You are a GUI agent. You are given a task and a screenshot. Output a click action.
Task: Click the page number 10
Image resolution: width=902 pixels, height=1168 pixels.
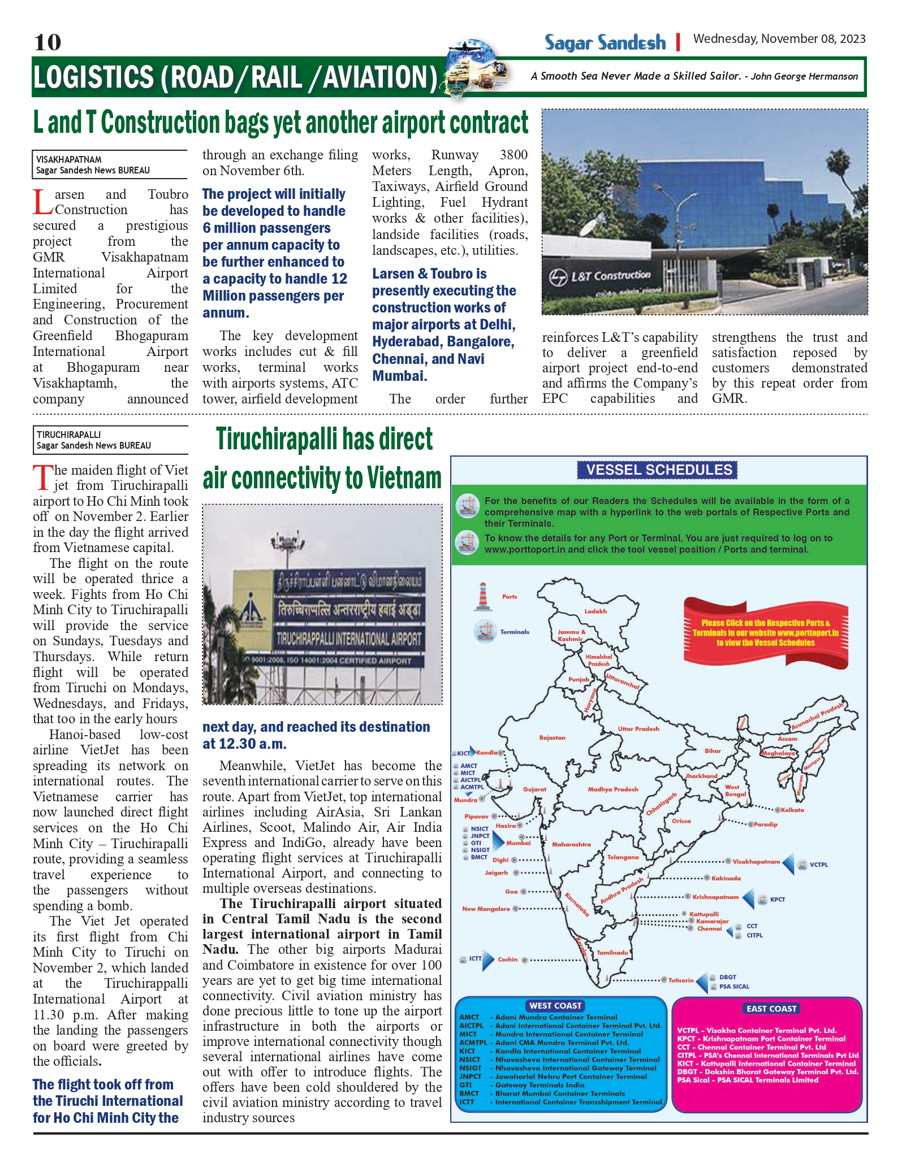click(x=48, y=42)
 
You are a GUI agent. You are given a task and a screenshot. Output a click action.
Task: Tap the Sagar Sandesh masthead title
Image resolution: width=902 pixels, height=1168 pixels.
click(x=605, y=42)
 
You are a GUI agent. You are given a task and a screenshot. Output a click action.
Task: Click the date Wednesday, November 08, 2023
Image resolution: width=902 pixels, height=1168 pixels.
click(x=779, y=39)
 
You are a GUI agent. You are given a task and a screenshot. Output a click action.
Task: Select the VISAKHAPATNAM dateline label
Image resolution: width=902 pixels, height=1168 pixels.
click(x=69, y=159)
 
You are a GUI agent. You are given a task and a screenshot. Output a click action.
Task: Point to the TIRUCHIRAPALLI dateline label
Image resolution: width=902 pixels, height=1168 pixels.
click(x=69, y=435)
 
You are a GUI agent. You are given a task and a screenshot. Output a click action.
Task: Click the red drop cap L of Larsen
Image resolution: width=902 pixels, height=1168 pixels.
click(x=43, y=203)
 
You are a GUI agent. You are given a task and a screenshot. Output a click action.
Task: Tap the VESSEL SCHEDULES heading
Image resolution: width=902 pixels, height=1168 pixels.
click(x=659, y=470)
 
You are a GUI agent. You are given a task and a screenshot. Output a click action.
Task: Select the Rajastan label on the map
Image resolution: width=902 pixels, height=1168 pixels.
click(x=553, y=738)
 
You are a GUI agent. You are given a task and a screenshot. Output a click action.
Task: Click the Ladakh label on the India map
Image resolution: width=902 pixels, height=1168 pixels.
click(x=595, y=611)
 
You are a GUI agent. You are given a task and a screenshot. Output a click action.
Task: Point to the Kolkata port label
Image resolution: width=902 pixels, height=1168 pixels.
click(x=792, y=810)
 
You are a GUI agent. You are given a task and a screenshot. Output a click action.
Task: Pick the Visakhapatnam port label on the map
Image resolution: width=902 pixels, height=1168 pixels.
click(x=756, y=862)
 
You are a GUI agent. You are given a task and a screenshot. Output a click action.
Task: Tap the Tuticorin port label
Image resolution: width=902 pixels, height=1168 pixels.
click(x=681, y=980)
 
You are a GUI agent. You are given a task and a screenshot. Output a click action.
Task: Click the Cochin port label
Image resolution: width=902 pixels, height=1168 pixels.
click(x=508, y=959)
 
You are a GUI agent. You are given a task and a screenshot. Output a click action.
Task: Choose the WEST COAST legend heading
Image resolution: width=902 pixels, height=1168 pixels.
click(x=555, y=1006)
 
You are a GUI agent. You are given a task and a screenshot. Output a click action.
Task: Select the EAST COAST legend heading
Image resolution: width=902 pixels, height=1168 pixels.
click(x=771, y=1009)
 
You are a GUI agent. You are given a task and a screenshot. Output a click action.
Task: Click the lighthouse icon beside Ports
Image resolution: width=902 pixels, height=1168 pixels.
click(x=482, y=597)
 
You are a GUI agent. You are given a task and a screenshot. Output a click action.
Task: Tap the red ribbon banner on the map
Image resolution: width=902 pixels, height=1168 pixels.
click(x=766, y=632)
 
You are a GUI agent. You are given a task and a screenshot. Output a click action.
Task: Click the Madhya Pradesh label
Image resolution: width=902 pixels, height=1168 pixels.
click(x=613, y=789)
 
